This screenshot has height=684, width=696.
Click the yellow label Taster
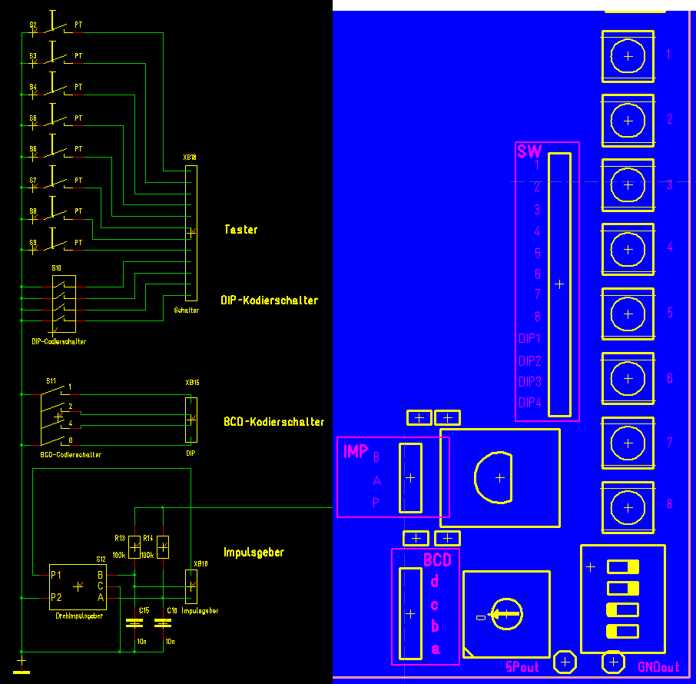coord(240,230)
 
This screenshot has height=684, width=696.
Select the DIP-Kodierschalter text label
coord(269,300)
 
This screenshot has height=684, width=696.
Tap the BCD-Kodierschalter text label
coord(273,422)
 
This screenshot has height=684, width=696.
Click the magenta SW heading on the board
coord(529,152)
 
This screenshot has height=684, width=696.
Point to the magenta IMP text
coord(356,452)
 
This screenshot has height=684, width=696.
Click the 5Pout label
coord(522,666)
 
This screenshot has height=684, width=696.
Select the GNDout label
coord(658,667)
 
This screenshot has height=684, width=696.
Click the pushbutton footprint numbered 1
coord(628,55)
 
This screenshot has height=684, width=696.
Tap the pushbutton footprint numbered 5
coord(628,314)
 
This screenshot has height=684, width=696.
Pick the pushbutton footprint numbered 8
coord(628,506)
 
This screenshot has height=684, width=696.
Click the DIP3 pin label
coord(530,382)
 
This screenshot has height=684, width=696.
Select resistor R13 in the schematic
coord(134,547)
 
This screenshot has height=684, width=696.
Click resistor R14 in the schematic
coord(163,546)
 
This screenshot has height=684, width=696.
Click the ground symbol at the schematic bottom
coord(22,665)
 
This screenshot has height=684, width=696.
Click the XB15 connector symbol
coord(191,420)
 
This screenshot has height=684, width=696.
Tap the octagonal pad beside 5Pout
coord(565,661)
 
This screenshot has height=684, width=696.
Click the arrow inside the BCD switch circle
coord(502,614)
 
